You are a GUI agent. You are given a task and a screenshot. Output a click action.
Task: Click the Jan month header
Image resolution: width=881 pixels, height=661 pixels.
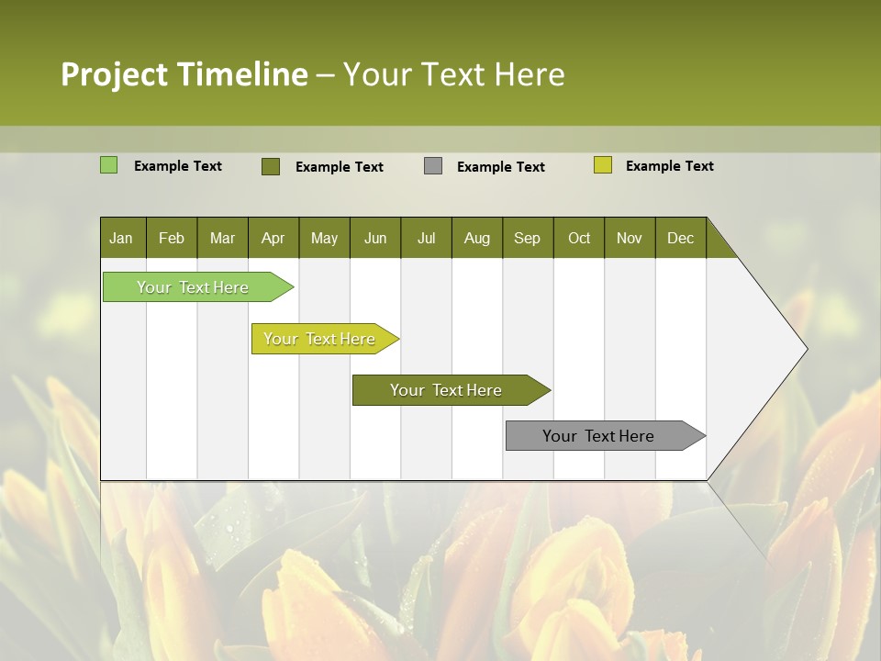point(122,238)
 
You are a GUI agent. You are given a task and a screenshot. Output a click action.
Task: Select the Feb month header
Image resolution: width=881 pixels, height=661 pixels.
point(172,238)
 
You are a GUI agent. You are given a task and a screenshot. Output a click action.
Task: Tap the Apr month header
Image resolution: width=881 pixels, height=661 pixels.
point(273,238)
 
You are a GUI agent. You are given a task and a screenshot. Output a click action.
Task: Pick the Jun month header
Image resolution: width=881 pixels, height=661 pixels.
point(375,238)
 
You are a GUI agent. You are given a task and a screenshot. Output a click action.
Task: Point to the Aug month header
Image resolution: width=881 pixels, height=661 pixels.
point(477,238)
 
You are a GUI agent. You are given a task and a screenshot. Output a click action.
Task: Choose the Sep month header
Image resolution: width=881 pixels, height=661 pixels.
point(528,238)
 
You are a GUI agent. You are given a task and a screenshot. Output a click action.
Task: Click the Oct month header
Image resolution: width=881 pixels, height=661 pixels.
point(579,238)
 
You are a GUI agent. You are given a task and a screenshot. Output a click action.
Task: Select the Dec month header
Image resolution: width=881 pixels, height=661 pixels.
point(681,238)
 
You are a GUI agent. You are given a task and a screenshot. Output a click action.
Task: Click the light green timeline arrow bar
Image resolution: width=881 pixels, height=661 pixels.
point(194,287)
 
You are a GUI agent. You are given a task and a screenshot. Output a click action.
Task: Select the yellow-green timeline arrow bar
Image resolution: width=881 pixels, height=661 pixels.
point(320,339)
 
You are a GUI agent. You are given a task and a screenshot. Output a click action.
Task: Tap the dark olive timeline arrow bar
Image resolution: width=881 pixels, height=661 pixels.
point(447,390)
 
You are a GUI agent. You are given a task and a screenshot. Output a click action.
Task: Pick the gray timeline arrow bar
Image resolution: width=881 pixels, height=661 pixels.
point(599,436)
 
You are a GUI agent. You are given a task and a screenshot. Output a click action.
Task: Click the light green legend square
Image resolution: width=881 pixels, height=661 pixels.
point(108,165)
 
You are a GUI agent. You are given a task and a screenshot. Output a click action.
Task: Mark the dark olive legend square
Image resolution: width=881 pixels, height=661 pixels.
point(271,166)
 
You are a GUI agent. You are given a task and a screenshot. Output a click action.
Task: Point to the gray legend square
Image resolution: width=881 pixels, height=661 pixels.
point(433,166)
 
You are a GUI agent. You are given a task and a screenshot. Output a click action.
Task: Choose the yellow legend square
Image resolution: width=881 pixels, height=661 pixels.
point(603,165)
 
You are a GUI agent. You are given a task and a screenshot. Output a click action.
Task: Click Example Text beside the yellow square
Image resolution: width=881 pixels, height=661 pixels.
point(669,166)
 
